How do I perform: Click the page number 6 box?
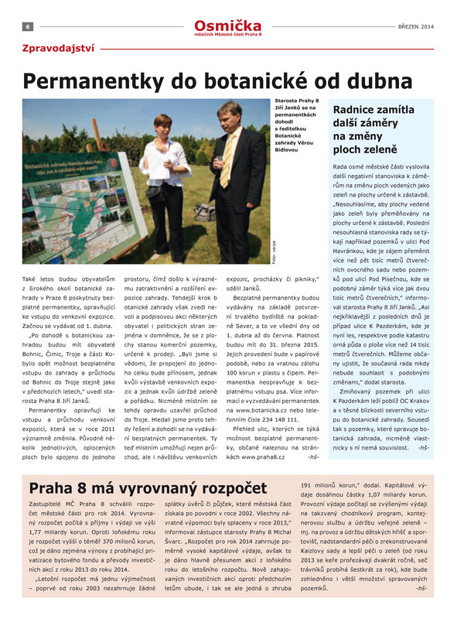pyautogui.click(x=27, y=26)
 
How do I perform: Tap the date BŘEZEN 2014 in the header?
pyautogui.click(x=416, y=26)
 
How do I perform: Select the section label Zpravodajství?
pyautogui.click(x=58, y=48)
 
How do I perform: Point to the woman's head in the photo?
pyautogui.click(x=163, y=125)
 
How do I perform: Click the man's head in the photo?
pyautogui.click(x=229, y=115)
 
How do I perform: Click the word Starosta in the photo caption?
pyautogui.click(x=288, y=101)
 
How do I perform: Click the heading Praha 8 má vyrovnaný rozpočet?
pyautogui.click(x=142, y=488)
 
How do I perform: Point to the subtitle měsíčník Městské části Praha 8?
pyautogui.click(x=232, y=35)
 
